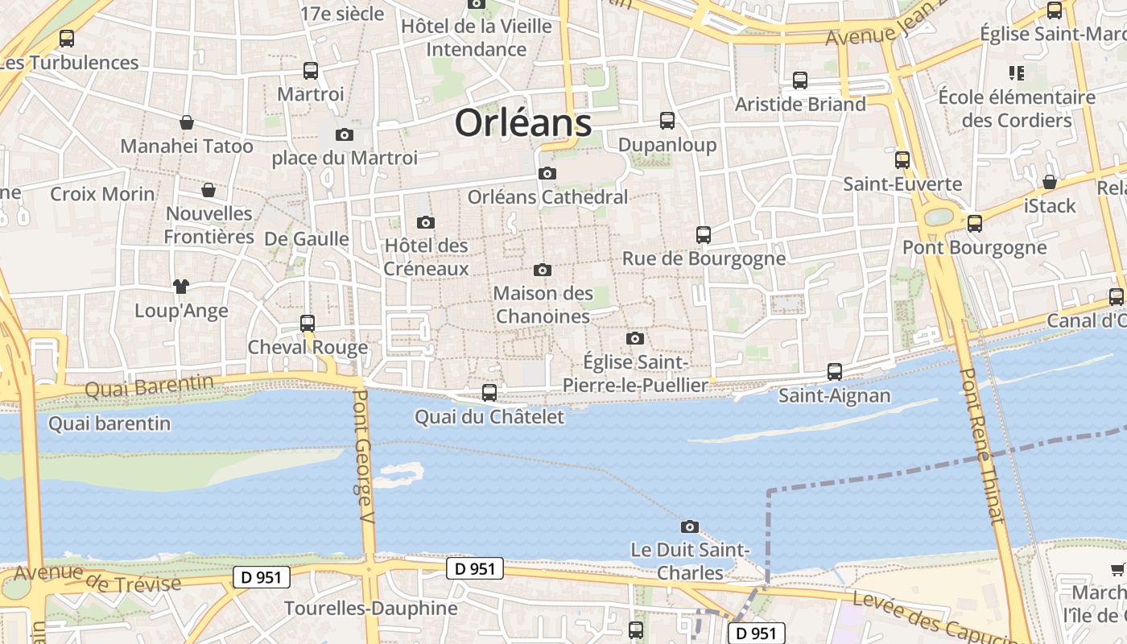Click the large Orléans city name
coord(523,123)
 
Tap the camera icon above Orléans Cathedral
coord(547,173)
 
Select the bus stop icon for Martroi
coord(311,71)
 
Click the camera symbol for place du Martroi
coord(345,134)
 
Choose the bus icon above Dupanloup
coord(667,121)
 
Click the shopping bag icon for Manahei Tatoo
coord(187,122)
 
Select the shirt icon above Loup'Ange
coord(180,286)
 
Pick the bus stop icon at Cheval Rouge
coord(308,324)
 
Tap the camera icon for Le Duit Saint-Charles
coord(690,526)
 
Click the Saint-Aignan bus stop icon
coord(835,372)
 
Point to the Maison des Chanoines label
coord(543,305)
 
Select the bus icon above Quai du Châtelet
coord(489,393)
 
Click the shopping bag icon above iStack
coord(1050,182)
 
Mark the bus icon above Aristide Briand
coord(800,80)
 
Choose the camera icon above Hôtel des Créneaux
coord(426,222)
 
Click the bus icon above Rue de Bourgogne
coord(704,235)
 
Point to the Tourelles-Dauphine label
coord(371,609)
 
